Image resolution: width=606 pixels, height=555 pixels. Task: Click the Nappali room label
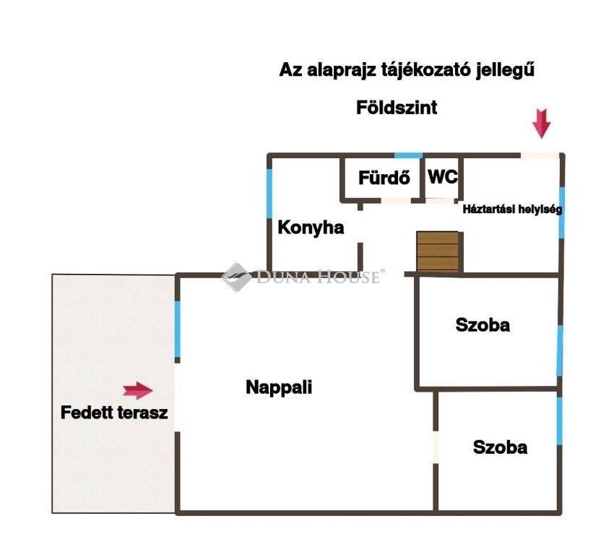click(x=279, y=387)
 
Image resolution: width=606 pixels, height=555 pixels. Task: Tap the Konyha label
click(x=311, y=228)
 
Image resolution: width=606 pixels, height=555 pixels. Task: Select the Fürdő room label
click(x=384, y=178)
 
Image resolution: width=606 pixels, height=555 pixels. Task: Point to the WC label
click(x=443, y=177)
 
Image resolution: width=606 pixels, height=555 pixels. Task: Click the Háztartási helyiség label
click(x=512, y=210)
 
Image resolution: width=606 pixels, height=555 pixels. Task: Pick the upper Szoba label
click(x=482, y=325)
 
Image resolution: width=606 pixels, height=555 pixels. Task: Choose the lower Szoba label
click(x=500, y=447)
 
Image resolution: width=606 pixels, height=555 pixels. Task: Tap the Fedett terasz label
click(x=114, y=413)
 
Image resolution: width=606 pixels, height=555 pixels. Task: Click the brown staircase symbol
click(x=438, y=251)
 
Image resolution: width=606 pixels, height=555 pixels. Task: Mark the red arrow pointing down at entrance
click(x=541, y=124)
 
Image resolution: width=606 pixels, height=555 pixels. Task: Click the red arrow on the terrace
click(x=138, y=391)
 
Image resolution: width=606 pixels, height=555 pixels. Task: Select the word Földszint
click(x=397, y=108)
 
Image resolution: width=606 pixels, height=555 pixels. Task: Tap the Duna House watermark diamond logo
click(x=236, y=277)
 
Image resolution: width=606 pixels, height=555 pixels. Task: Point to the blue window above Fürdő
click(x=408, y=155)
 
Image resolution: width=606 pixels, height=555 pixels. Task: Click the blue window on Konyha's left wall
click(x=269, y=194)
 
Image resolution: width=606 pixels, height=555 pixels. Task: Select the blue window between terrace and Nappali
click(x=178, y=329)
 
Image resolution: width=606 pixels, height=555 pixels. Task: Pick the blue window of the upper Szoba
click(x=559, y=350)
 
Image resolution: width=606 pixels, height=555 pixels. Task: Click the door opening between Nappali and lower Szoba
click(x=436, y=447)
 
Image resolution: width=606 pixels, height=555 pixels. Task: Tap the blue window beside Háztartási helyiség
click(x=561, y=212)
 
